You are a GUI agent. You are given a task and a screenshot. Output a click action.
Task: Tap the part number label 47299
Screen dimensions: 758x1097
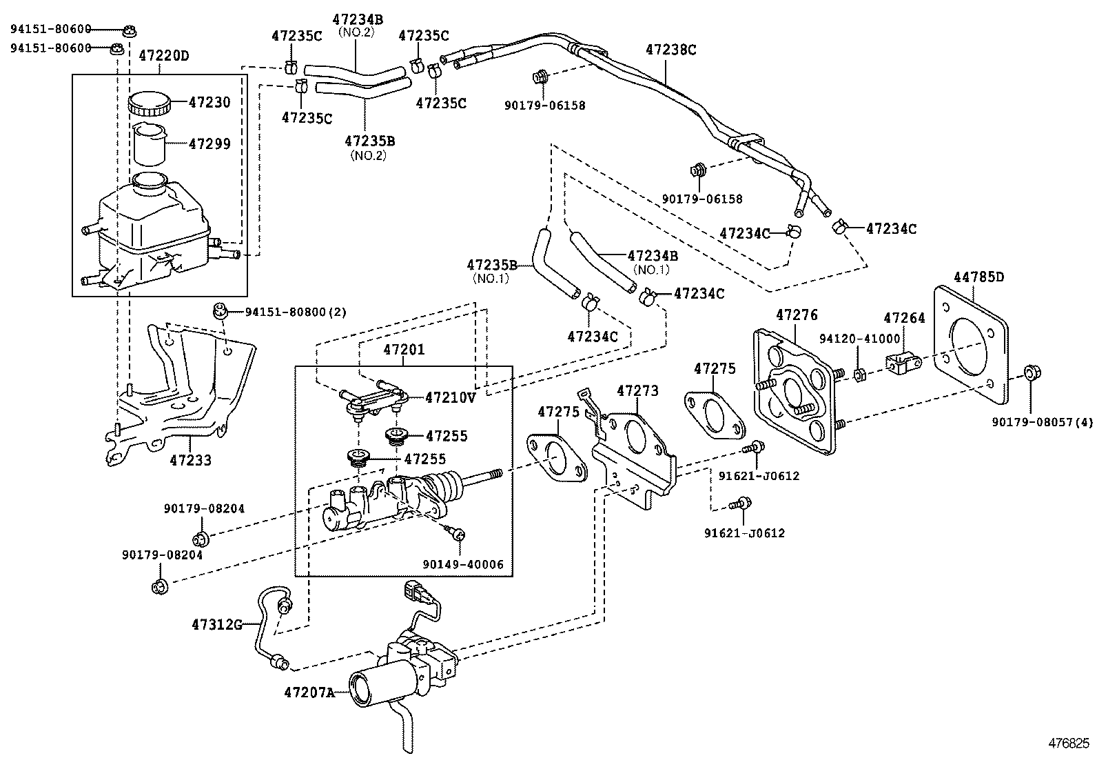[209, 144]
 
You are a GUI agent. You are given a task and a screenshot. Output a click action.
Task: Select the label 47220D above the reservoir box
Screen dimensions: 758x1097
[164, 56]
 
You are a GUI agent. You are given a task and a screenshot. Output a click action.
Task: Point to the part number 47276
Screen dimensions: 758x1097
[797, 315]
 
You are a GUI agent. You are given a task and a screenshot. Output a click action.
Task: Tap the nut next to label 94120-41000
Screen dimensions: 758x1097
[859, 375]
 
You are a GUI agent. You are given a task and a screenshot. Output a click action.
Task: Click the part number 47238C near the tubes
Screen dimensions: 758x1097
[671, 50]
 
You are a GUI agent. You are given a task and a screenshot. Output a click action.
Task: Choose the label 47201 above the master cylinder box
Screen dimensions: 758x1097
[404, 350]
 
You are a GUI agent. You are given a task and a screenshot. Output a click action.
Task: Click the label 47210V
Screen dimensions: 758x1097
[450, 397]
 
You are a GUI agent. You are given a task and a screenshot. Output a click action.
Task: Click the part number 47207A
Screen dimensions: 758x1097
[309, 691]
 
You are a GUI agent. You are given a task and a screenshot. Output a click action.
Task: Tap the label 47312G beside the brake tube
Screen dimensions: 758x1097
[217, 625]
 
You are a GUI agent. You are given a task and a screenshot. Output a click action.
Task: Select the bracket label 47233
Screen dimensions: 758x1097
[191, 460]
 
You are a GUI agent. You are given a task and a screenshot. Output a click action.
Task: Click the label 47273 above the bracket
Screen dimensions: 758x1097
[637, 391]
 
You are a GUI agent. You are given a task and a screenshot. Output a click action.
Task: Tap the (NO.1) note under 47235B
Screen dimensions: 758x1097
[491, 279]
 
